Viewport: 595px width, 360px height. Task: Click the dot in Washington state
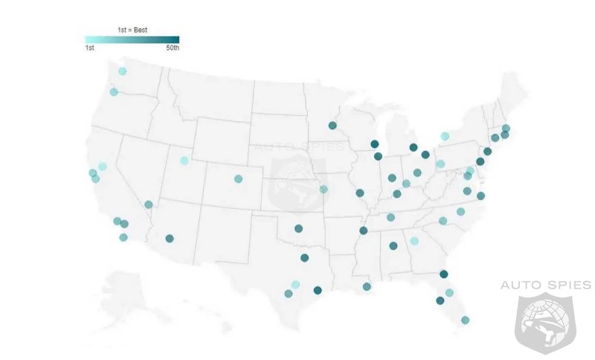click(x=122, y=71)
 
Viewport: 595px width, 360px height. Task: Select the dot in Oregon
click(x=114, y=92)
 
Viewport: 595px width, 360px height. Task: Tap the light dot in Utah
click(x=184, y=161)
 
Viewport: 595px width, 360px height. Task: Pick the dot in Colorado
click(x=238, y=179)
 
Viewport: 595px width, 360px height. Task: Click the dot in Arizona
click(x=170, y=239)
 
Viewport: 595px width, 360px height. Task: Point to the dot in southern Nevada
click(x=149, y=205)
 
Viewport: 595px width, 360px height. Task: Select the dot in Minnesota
click(x=332, y=126)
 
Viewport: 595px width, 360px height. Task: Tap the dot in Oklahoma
click(x=298, y=229)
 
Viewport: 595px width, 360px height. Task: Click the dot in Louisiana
click(x=367, y=286)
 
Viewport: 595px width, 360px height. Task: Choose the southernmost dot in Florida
click(x=465, y=321)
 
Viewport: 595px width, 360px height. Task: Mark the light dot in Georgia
click(x=414, y=241)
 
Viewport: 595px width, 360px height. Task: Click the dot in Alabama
click(x=393, y=245)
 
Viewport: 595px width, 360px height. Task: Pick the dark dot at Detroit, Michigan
click(x=425, y=155)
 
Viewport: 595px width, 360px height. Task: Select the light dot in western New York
click(x=445, y=136)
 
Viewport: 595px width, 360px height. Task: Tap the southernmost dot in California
click(x=123, y=237)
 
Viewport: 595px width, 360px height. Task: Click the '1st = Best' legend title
click(x=132, y=30)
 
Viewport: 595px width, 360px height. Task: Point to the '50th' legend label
click(x=172, y=48)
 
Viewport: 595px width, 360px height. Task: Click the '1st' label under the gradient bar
click(x=89, y=48)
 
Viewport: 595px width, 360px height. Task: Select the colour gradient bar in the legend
click(x=132, y=39)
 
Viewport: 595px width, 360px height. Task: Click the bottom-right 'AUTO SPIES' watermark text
click(x=545, y=285)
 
